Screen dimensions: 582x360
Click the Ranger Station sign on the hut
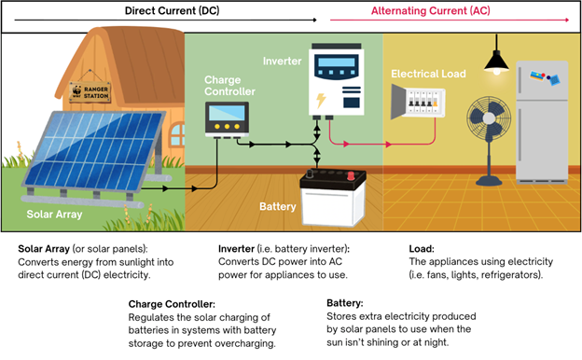pyautogui.click(x=90, y=92)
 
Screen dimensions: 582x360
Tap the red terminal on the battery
pyautogui.click(x=351, y=176)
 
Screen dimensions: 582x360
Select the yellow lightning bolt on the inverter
pyautogui.click(x=321, y=101)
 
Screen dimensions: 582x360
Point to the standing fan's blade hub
pyautogui.click(x=489, y=118)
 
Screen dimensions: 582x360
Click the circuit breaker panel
pyautogui.click(x=418, y=101)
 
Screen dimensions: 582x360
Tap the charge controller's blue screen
pyautogui.click(x=227, y=113)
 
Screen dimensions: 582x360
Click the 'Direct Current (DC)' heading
pyautogui.click(x=172, y=10)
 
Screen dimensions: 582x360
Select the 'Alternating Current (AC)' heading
pyautogui.click(x=431, y=10)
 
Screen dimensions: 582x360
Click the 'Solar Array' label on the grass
pyautogui.click(x=54, y=215)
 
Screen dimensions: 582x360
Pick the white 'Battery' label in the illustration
pyautogui.click(x=278, y=206)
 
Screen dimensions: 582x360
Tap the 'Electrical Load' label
pyautogui.click(x=428, y=74)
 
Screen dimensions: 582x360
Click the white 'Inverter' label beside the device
pyautogui.click(x=282, y=61)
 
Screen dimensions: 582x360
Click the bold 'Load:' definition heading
pyautogui.click(x=422, y=249)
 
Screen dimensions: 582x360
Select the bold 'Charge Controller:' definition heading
pyautogui.click(x=172, y=304)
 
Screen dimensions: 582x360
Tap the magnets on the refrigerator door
pyautogui.click(x=545, y=77)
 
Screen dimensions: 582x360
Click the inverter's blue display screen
pyautogui.click(x=337, y=62)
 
